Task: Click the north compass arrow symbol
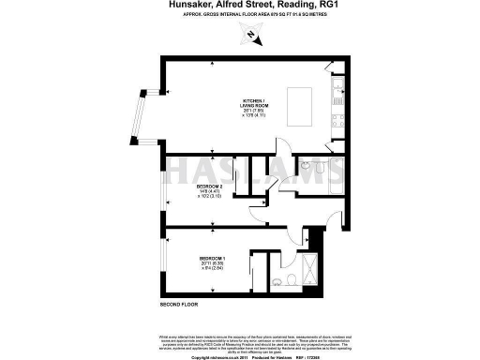[252, 37]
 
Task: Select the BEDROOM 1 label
[214, 257]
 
